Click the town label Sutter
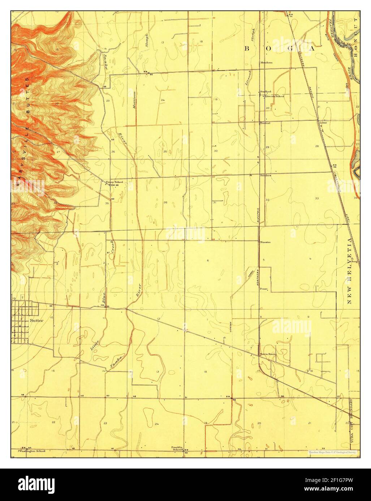coord(36,320)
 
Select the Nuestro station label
coord(266,242)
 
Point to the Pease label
coord(263,289)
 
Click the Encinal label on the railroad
coord(265,123)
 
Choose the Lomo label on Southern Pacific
coord(323,123)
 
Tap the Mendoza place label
coord(266,62)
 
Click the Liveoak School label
coord(274,96)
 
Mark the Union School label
coord(114,182)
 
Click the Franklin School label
coord(178,448)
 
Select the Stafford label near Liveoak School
coord(266,92)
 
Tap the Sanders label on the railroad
coord(266,175)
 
